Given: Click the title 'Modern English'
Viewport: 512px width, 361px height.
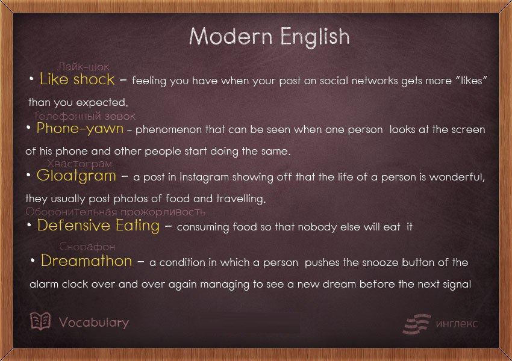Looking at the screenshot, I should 269,36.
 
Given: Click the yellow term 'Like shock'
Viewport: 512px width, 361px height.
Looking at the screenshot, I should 76,79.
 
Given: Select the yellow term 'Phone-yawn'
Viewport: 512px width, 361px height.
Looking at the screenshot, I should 80,128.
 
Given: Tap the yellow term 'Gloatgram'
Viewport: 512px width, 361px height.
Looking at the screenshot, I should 76,176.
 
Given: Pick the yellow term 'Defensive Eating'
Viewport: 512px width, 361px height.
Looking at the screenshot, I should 98,226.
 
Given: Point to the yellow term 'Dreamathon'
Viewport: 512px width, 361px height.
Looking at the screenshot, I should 86,261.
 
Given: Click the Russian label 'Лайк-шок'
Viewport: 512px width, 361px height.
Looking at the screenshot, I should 84,67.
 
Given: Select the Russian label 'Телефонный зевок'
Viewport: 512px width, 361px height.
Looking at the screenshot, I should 85,116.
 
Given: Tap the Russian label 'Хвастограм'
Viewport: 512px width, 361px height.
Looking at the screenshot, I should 80,164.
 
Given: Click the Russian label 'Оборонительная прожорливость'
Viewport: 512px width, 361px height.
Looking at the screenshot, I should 116,212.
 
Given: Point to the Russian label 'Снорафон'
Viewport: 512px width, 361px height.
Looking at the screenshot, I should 87,247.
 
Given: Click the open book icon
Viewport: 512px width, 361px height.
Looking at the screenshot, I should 40,321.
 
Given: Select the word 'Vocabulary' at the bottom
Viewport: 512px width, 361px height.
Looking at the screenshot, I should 94,322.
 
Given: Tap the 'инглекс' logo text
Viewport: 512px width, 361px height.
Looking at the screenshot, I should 457,324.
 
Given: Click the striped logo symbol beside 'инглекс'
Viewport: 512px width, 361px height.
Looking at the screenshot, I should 417,324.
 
